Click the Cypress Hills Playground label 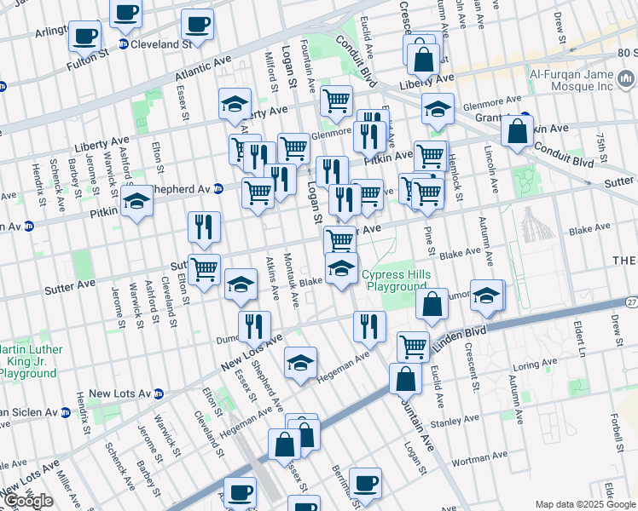tap(394, 281)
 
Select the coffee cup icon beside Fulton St tap(85, 37)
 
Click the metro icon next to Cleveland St tap(123, 44)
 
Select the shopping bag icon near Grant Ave tap(517, 132)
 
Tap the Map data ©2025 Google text tap(584, 504)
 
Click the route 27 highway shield tap(630, 302)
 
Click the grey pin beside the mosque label tap(627, 80)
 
